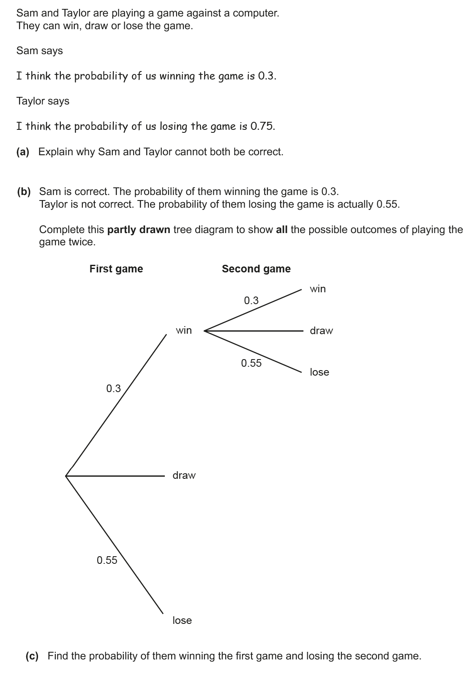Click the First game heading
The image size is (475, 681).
click(x=116, y=269)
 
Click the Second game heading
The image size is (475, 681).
click(x=256, y=269)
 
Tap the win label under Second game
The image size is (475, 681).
click(x=318, y=289)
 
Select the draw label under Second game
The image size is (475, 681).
click(x=321, y=331)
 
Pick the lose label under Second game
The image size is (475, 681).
click(x=319, y=372)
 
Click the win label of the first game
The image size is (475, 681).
click(x=184, y=330)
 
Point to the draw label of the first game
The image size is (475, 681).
click(x=184, y=475)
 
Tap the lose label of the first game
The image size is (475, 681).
click(x=182, y=621)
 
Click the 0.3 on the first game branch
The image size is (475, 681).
click(x=113, y=388)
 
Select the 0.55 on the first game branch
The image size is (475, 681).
click(x=107, y=560)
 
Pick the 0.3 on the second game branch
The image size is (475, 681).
click(x=251, y=301)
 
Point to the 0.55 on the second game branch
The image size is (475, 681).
click(x=251, y=363)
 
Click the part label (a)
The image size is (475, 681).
click(x=23, y=152)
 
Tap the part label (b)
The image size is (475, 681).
click(x=24, y=192)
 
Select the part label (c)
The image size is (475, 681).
click(x=32, y=656)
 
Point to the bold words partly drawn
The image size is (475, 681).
click(x=139, y=230)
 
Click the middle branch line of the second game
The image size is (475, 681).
click(x=254, y=331)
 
